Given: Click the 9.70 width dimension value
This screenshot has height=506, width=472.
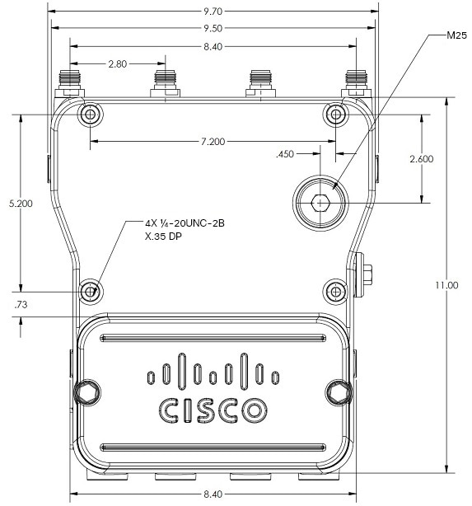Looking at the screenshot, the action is pos(213,12).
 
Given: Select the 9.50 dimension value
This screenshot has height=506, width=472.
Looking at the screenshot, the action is pos(213,28).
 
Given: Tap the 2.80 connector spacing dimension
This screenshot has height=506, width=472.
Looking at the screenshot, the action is pos(118,64).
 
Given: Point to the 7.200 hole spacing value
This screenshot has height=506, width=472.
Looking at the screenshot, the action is pos(213,142).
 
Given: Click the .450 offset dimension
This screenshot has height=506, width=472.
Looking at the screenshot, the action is pos(285,154).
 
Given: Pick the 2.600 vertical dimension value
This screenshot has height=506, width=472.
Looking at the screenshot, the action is pos(422,159).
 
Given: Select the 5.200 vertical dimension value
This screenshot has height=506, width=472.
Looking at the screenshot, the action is pos(21,204).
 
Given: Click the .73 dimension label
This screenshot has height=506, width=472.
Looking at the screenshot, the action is pos(21,305).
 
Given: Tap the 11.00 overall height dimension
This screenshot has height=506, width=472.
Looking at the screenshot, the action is pos(446,285).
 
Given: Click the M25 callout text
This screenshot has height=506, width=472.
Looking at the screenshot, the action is pos(456,35).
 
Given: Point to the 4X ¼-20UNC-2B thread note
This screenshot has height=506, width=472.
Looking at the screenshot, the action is pos(185,223).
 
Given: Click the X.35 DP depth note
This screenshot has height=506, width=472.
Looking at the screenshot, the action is pos(163,237).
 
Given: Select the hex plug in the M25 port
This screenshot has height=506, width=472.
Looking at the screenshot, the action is pos(320,203).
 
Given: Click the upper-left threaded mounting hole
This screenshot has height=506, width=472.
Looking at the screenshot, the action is pos(91,115).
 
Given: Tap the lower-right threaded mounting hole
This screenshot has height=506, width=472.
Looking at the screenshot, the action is pos(336,292).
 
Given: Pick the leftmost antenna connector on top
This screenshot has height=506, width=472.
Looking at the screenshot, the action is pos(70,83).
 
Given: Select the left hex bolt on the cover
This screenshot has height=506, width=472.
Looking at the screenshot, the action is pos(87,392).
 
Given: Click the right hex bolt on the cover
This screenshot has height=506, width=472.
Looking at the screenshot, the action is pos(339,392).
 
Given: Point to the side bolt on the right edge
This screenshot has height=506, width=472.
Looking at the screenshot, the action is pos(363,274).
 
